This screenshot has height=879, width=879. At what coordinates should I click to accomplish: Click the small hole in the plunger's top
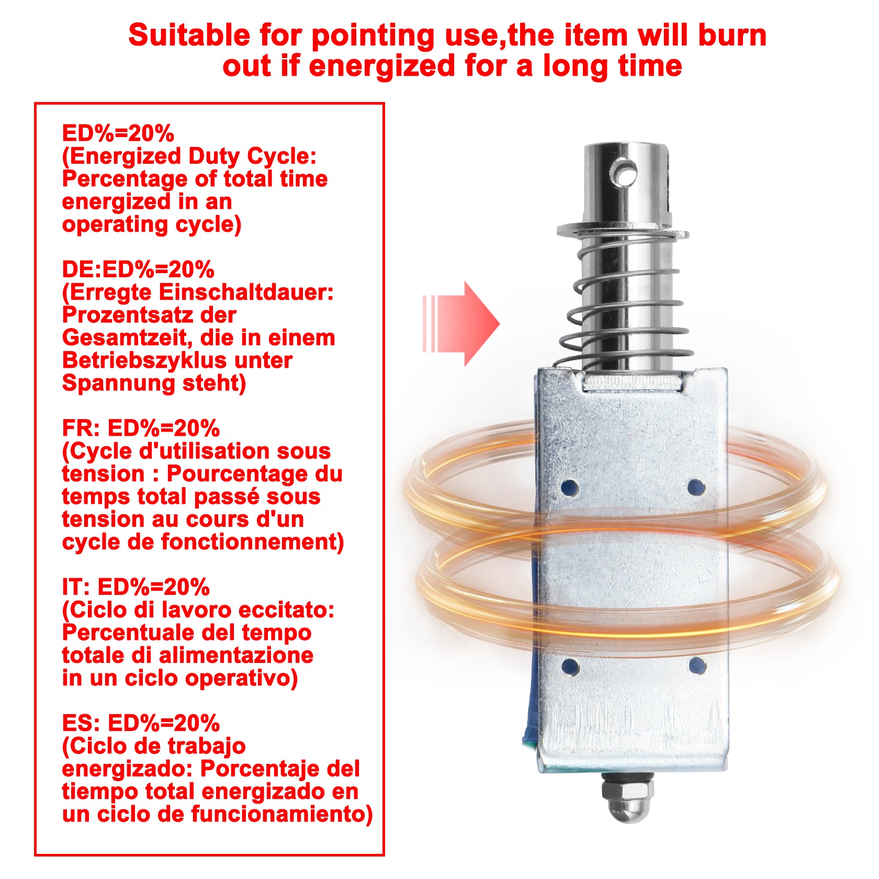(625, 173)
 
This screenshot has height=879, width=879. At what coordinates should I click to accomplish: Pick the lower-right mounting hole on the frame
(697, 666)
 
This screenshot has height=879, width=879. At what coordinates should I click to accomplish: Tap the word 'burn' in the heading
(732, 36)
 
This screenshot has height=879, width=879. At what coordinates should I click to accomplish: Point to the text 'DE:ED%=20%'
(138, 269)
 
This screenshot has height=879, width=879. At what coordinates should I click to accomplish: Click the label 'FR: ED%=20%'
(141, 429)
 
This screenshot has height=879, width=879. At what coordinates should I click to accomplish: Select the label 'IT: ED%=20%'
(136, 587)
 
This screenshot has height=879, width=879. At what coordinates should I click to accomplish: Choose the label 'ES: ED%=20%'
(141, 723)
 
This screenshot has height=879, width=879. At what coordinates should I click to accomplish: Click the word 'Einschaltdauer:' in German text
(246, 292)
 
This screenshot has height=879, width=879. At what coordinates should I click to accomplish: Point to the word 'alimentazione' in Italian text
(236, 655)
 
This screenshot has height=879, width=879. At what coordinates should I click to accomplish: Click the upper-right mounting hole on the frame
(696, 487)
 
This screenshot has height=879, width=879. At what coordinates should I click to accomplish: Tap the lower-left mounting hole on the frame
(570, 667)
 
